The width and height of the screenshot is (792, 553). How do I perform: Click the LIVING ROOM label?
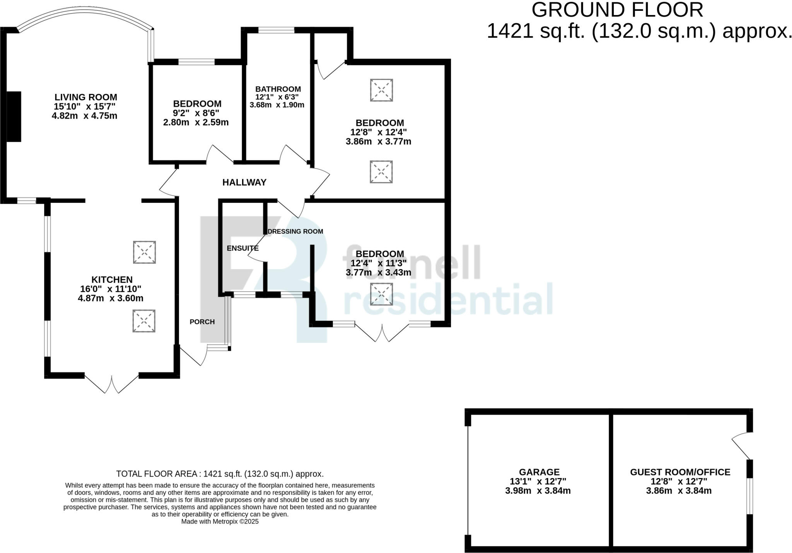pyautogui.click(x=85, y=97)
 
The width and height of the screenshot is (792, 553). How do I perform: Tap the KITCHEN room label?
pyautogui.click(x=112, y=279)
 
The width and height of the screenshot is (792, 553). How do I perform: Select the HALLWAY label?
pyautogui.click(x=244, y=182)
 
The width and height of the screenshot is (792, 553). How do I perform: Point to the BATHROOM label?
pyautogui.click(x=278, y=89)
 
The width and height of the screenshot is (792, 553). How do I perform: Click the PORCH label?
pyautogui.click(x=202, y=322)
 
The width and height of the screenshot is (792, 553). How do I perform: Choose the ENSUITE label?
pyautogui.click(x=242, y=248)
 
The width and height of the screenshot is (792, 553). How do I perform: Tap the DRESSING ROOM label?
pyautogui.click(x=295, y=231)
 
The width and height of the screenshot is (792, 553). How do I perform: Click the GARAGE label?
pyautogui.click(x=539, y=472)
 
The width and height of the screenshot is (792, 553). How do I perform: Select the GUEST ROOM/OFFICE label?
pyautogui.click(x=680, y=472)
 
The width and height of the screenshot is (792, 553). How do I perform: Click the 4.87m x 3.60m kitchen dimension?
pyautogui.click(x=111, y=298)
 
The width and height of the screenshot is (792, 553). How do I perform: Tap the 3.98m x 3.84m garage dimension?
pyautogui.click(x=538, y=491)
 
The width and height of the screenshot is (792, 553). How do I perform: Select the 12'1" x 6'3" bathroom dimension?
pyautogui.click(x=277, y=97)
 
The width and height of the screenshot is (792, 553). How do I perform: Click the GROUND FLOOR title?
pyautogui.click(x=617, y=10)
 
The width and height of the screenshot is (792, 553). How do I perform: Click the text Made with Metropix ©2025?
pyautogui.click(x=220, y=521)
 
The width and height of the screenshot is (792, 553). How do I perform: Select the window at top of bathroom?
pyautogui.click(x=276, y=30)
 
